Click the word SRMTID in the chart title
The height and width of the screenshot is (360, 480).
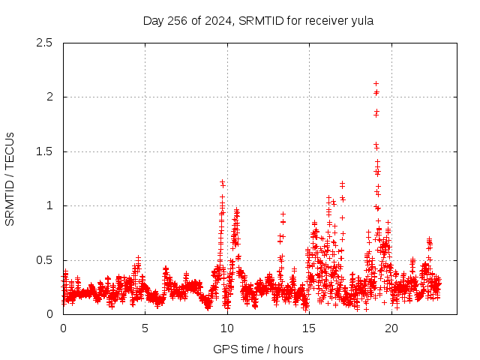tap(260, 21)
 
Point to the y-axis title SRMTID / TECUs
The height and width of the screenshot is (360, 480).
tap(10, 178)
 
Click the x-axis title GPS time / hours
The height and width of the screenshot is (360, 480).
tap(258, 349)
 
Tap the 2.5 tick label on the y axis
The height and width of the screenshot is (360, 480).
tap(45, 43)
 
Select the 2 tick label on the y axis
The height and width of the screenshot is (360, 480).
tap(49, 97)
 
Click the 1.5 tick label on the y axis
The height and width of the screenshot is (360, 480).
tap(45, 151)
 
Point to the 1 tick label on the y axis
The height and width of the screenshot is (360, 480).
tap(49, 205)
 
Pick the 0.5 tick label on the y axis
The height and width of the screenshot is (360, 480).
tap(45, 260)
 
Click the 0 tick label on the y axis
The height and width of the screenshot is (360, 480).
tap(49, 314)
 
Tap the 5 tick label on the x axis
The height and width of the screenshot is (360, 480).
tap(145, 328)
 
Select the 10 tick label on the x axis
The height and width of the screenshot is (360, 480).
tap(226, 328)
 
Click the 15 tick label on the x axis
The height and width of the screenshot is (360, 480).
tap(308, 328)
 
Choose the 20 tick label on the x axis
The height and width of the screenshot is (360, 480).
tap(390, 328)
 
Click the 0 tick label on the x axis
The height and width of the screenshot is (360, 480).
tap(63, 328)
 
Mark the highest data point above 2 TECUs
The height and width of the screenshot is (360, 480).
tap(376, 83)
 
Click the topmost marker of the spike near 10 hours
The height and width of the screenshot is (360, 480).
tap(222, 182)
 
